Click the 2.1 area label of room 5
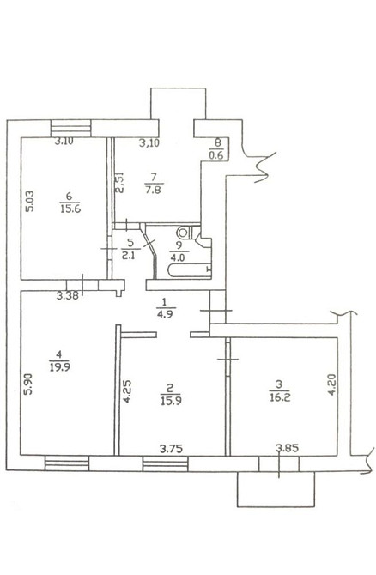(130, 255)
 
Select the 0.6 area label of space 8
(216, 155)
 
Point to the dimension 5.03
(29, 202)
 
